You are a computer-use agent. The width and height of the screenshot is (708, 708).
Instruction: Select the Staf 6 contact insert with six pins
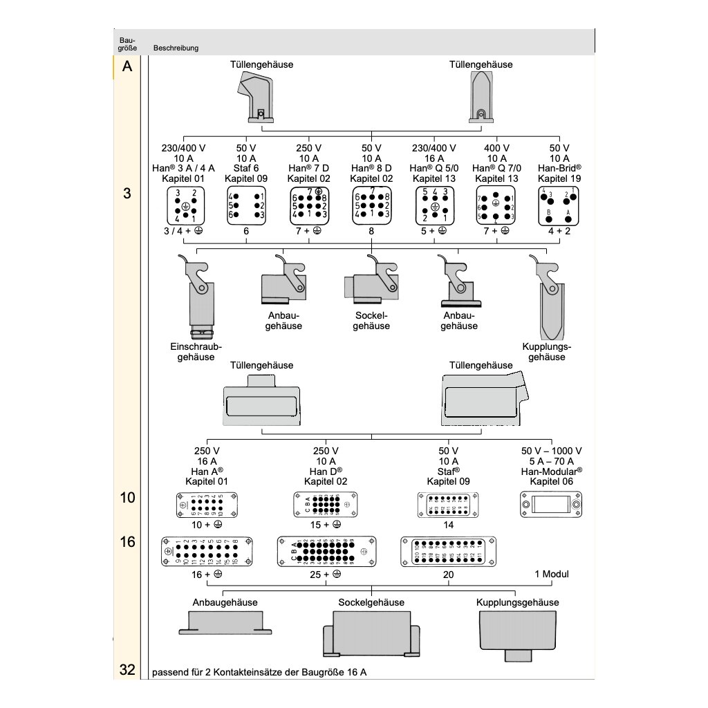pyautogui.click(x=245, y=205)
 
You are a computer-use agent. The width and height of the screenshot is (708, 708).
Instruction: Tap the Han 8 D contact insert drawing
pyautogui.click(x=371, y=205)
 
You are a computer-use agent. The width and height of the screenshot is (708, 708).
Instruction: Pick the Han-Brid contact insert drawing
pyautogui.click(x=559, y=205)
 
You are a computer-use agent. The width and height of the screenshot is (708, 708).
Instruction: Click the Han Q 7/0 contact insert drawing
pyautogui.click(x=495, y=205)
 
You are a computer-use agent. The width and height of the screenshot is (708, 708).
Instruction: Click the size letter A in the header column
pyautogui.click(x=127, y=67)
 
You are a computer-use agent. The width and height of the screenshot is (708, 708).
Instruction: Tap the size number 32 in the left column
pyautogui.click(x=127, y=669)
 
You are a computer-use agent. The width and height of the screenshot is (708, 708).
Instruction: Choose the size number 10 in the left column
pyautogui.click(x=127, y=497)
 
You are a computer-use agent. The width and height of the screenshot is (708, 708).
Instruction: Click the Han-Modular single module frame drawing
pyautogui.click(x=551, y=505)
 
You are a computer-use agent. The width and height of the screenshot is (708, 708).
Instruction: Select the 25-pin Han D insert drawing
pyautogui.click(x=326, y=551)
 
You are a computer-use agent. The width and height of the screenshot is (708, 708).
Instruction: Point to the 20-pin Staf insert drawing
pyautogui.click(x=449, y=552)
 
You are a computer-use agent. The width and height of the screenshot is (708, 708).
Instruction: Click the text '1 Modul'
pyautogui.click(x=552, y=575)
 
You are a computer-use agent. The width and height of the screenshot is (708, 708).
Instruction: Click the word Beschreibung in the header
pyautogui.click(x=176, y=48)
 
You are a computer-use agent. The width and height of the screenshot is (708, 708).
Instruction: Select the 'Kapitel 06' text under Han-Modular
pyautogui.click(x=551, y=481)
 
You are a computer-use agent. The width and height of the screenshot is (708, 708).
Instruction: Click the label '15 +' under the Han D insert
pyautogui.click(x=321, y=525)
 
